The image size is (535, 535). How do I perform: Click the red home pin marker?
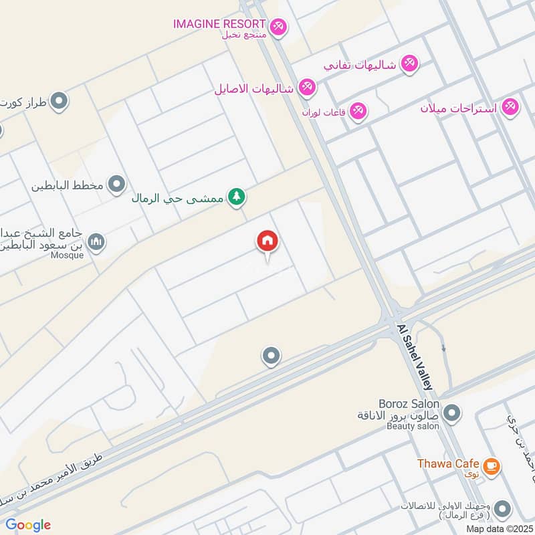[x=267, y=242]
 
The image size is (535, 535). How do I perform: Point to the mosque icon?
[x=96, y=241]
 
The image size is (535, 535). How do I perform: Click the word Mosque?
[x=66, y=255]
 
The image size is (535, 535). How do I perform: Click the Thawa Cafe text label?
[x=448, y=463]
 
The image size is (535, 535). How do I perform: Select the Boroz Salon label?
[x=409, y=404]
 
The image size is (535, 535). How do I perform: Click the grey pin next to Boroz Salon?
[x=452, y=413]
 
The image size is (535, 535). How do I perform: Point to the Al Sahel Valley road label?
[x=415, y=358]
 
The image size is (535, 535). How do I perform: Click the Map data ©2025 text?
[x=498, y=528]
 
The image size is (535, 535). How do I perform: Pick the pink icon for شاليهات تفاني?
[x=409, y=64]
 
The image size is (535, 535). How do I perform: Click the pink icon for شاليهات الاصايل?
[x=306, y=87]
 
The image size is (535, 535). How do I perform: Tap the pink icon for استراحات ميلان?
[x=510, y=106]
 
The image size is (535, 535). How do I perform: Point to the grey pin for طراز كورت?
[x=60, y=102]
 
